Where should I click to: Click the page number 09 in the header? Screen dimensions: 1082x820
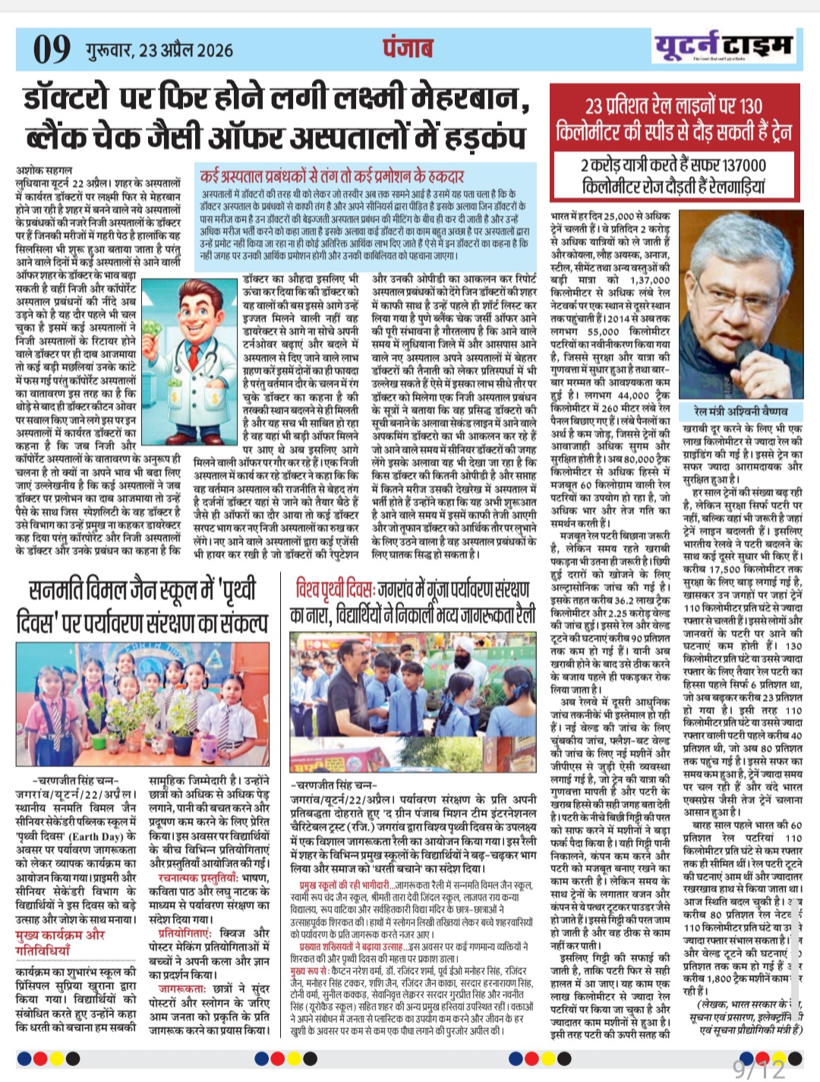click(x=52, y=49)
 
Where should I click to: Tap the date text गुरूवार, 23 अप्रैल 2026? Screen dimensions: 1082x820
click(x=159, y=50)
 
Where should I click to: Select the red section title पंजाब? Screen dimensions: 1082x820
click(x=408, y=47)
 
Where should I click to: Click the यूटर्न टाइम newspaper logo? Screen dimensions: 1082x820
click(x=723, y=46)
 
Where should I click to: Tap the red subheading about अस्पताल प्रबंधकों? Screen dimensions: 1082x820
click(x=332, y=176)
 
